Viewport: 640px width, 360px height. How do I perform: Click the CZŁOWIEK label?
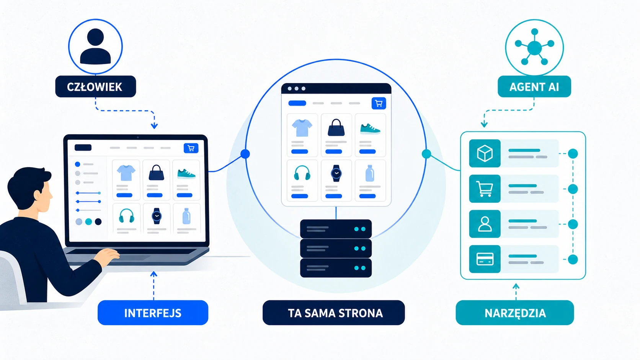coord(95,86)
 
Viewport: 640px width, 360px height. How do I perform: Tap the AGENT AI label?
coord(534,86)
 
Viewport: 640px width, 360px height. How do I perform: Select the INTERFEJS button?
coord(153,313)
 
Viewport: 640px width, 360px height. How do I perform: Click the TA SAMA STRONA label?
coord(334,313)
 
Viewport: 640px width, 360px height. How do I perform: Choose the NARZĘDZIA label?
coord(515,313)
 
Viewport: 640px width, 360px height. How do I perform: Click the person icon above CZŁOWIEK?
coord(95,46)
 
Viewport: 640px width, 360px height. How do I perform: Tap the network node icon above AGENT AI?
coord(534,47)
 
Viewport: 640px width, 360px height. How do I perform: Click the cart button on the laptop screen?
coord(191,148)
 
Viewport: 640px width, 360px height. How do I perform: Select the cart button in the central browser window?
coord(379,103)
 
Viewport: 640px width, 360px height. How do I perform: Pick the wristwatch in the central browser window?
coord(336,173)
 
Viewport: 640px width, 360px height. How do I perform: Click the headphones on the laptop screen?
coord(126,216)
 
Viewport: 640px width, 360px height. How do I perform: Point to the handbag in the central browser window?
coord(336,128)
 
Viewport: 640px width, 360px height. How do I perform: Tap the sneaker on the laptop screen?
coord(186,174)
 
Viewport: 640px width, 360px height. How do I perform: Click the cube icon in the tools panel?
coord(485,153)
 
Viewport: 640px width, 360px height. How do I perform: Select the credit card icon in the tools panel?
coord(485,259)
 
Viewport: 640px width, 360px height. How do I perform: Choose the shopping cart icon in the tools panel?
coord(485,189)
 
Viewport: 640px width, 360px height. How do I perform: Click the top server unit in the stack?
coord(336,229)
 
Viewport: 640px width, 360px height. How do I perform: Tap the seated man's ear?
coord(38,195)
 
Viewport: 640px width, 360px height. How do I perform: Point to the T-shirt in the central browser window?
coord(302,128)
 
